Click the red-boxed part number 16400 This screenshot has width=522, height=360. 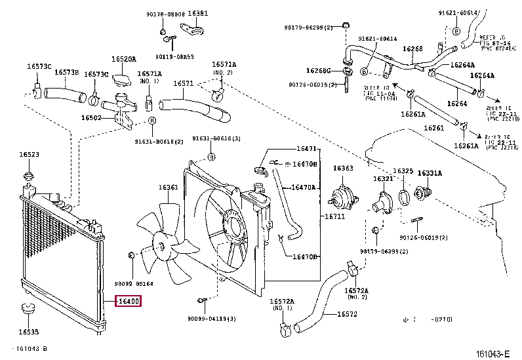127,302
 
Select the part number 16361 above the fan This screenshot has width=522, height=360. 168,188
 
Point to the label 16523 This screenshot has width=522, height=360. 29,155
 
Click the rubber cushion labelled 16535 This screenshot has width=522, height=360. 28,309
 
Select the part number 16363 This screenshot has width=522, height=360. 343,169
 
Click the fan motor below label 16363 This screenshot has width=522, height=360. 342,197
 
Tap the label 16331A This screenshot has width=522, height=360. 430,173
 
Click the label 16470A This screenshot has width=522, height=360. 304,188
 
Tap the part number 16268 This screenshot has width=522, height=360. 412,49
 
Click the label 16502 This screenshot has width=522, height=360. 91,118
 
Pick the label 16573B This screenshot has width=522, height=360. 66,72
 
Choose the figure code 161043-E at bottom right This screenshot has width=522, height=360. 491,353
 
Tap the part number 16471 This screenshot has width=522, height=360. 306,149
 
